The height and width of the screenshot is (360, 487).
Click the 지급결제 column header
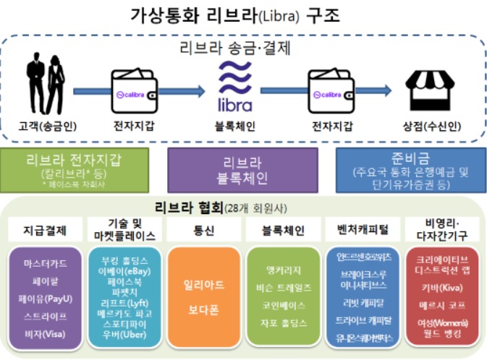point(43,231)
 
